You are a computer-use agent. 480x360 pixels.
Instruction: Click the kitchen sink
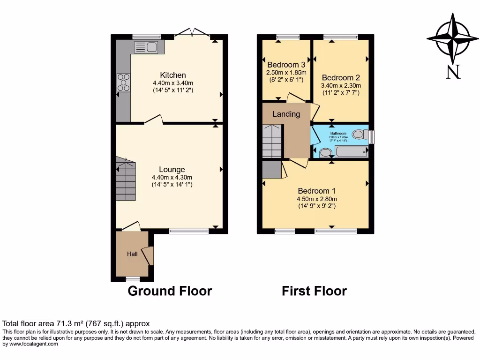point(147,47)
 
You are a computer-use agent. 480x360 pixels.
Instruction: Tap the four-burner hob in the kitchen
point(124,82)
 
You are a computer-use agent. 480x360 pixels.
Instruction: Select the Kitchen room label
point(173,75)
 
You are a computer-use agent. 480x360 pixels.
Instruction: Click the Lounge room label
point(172,170)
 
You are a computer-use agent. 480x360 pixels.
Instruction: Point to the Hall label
point(132,254)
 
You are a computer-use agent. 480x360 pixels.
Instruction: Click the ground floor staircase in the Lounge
point(126,179)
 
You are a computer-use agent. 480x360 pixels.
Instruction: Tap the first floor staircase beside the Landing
point(272,141)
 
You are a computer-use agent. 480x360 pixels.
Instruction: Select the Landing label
point(286,114)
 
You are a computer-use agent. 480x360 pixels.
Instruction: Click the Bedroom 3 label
point(286,65)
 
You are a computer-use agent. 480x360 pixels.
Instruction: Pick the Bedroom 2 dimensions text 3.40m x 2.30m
point(341,86)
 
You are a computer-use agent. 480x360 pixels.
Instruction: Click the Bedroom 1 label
point(317,191)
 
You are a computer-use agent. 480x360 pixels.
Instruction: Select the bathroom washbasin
point(325,152)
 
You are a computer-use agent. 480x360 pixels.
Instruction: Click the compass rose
point(452,38)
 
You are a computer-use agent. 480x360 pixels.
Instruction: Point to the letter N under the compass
point(452,72)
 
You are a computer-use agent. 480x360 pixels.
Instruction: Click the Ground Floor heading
point(170,291)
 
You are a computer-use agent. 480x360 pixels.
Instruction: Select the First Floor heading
point(314,291)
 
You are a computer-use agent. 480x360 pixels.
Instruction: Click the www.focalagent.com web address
point(30,344)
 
